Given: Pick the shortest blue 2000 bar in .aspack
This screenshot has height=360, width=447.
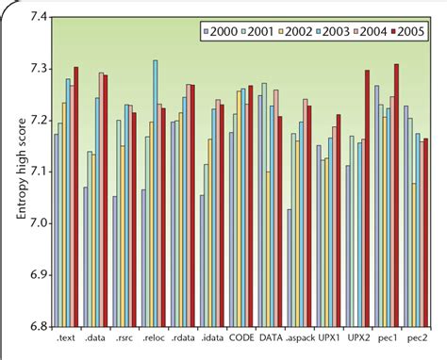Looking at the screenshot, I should [290, 268].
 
